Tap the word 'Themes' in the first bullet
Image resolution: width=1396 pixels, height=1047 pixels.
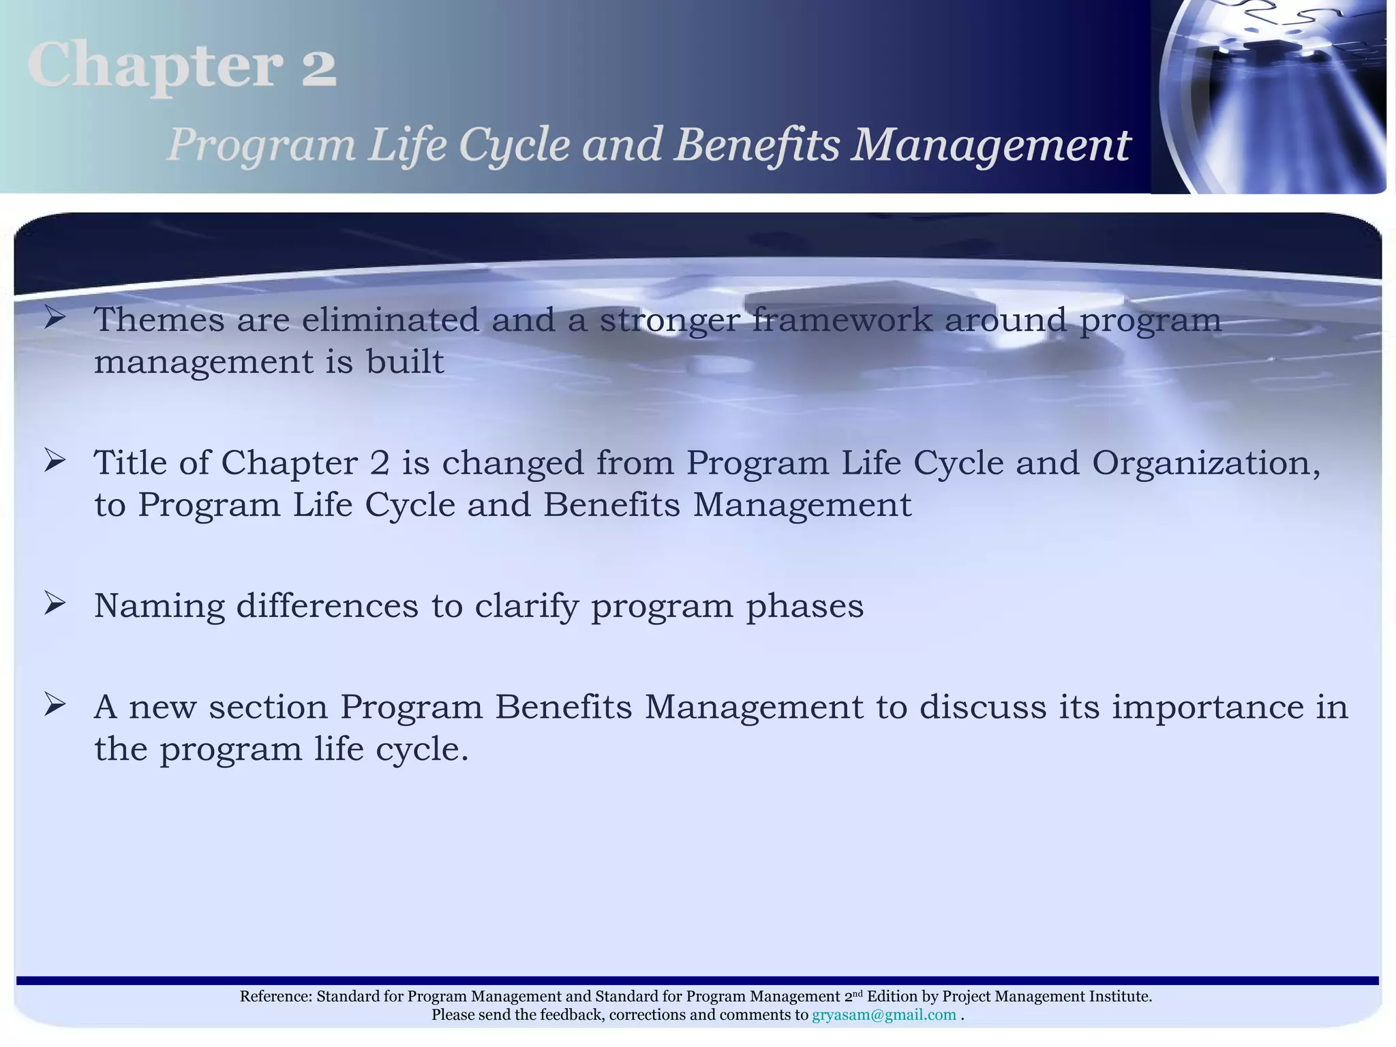coord(159,320)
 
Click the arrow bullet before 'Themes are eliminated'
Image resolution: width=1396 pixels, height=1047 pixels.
coord(55,318)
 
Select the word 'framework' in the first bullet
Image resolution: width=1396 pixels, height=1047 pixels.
coord(842,320)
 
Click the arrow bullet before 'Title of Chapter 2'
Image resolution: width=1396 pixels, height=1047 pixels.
coord(55,461)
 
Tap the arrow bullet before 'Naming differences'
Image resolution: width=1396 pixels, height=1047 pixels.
coord(55,604)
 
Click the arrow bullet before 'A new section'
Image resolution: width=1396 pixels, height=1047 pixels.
coord(55,705)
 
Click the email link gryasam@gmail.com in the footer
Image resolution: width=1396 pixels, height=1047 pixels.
coord(883,1015)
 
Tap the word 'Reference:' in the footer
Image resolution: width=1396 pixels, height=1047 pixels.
coord(275,997)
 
